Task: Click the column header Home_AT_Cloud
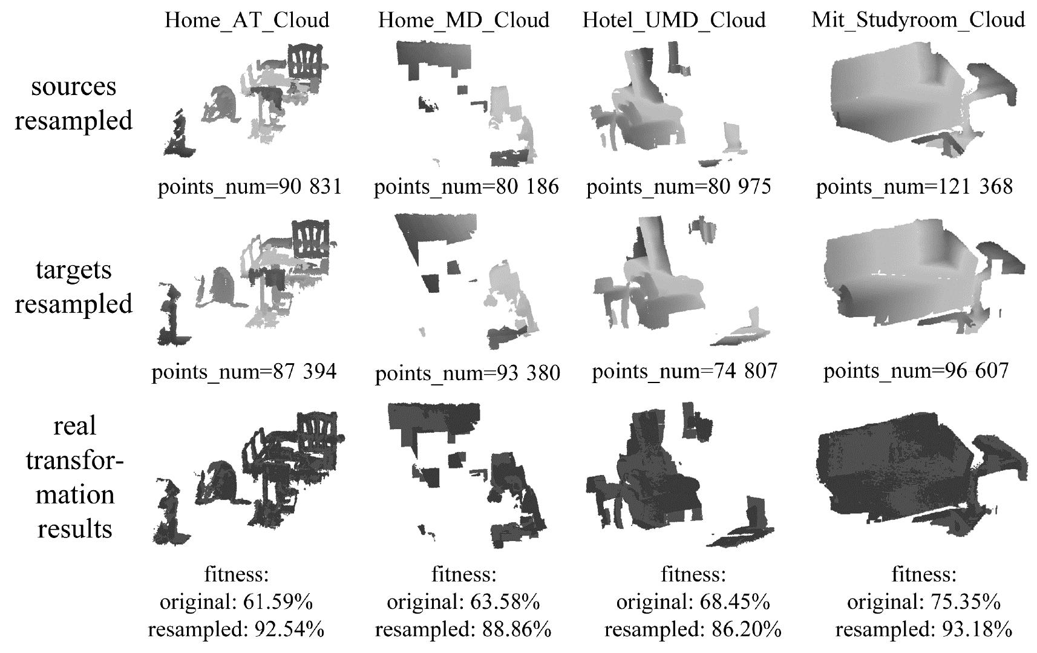click(247, 21)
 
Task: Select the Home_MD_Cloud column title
click(463, 21)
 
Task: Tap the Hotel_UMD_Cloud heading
click(674, 21)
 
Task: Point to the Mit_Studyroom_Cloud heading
click(918, 21)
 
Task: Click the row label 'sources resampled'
click(74, 103)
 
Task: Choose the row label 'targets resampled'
click(74, 287)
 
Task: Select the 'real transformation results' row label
click(74, 477)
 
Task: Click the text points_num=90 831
click(249, 186)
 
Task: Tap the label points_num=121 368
click(914, 186)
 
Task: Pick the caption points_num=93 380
click(468, 373)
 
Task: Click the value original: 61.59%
click(237, 602)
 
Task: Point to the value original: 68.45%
click(693, 602)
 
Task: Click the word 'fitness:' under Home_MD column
click(464, 575)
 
